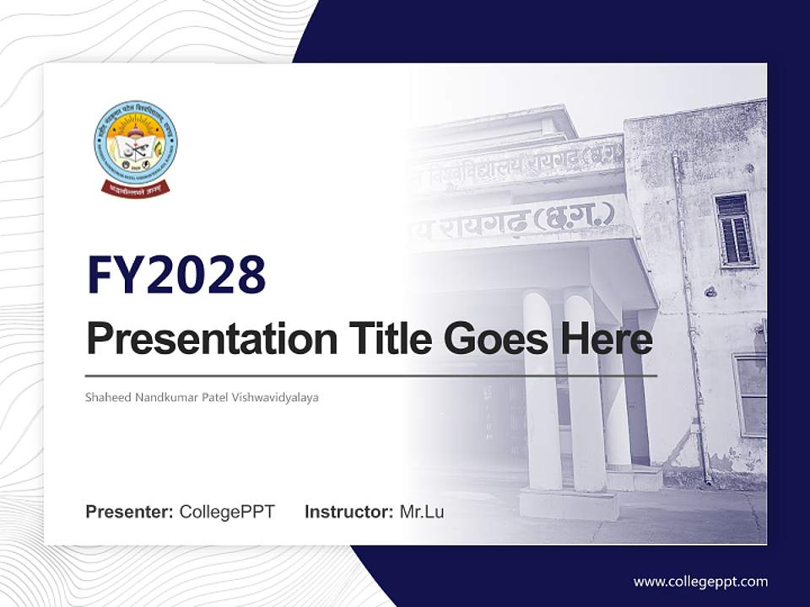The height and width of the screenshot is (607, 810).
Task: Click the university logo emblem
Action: (x=135, y=142)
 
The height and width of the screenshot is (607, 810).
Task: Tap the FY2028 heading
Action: (x=176, y=274)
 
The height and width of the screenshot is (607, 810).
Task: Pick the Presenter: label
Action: (x=130, y=512)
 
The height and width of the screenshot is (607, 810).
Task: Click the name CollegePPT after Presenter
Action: (x=227, y=512)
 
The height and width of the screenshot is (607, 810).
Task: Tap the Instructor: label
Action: (x=348, y=512)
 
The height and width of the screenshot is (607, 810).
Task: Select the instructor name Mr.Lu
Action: (x=422, y=512)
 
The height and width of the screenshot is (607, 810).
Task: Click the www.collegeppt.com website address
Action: (x=700, y=581)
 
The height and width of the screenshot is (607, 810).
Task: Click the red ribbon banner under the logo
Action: (x=135, y=188)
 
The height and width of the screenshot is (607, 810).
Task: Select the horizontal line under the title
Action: (x=371, y=375)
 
